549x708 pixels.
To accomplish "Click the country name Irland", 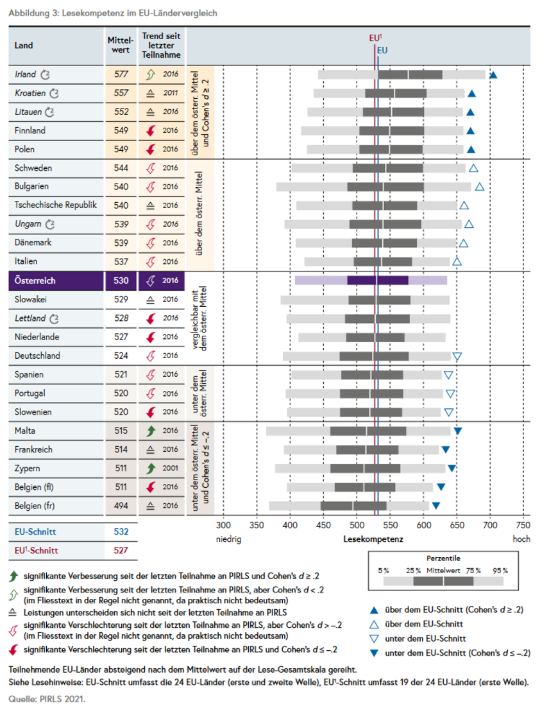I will coord(26,74).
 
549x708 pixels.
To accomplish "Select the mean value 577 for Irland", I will coord(121,74).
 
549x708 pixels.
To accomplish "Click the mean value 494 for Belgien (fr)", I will coord(121,505).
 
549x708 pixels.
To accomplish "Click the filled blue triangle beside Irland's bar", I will coord(493,75).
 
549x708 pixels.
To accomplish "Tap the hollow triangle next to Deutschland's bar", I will coord(457,356).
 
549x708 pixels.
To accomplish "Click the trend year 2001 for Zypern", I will coord(170,468).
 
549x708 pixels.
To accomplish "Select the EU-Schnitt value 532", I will coord(121,531).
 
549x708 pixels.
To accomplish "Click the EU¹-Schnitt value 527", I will coord(121,550).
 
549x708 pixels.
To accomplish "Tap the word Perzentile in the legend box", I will coord(443,558).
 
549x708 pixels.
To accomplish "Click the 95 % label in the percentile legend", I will coord(500,570).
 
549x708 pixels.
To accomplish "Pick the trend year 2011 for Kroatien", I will coord(170,93).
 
